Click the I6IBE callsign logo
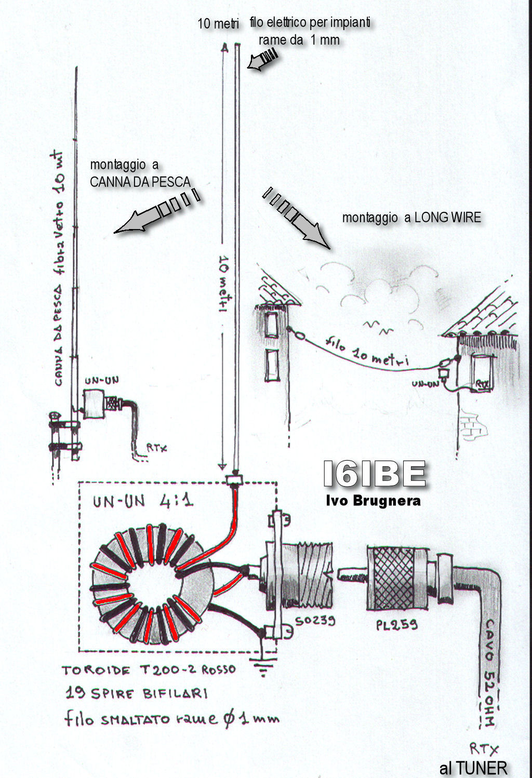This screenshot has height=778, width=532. pyautogui.click(x=374, y=474)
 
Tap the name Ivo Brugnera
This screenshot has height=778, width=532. pyautogui.click(x=373, y=501)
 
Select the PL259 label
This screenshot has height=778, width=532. pyautogui.click(x=397, y=624)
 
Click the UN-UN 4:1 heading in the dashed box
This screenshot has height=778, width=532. pyautogui.click(x=143, y=501)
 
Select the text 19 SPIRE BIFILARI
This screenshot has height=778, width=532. pyautogui.click(x=137, y=693)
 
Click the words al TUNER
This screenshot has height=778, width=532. pyautogui.click(x=473, y=768)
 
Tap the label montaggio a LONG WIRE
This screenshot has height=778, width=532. pyautogui.click(x=411, y=218)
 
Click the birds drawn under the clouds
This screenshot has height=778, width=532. pyautogui.click(x=378, y=327)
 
